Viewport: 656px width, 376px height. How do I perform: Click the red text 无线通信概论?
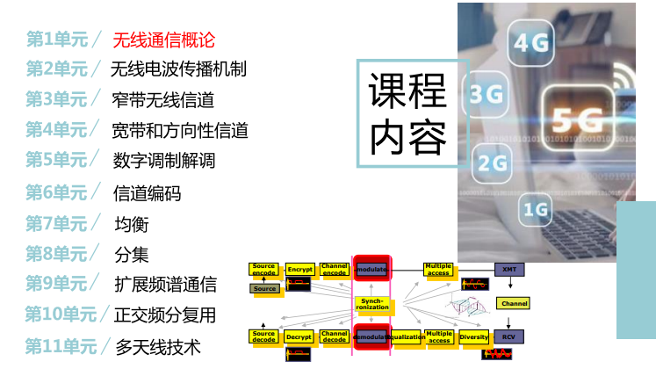click(163, 40)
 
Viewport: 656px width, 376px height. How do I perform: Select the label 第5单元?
click(56, 160)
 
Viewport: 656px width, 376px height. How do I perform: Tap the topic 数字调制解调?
click(164, 161)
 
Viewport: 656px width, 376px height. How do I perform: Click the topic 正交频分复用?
click(165, 315)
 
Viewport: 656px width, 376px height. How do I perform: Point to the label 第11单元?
click(61, 346)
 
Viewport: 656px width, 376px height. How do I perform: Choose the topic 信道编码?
click(147, 192)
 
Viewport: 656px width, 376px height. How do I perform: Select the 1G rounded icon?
click(535, 209)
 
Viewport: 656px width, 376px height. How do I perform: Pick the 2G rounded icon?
click(494, 163)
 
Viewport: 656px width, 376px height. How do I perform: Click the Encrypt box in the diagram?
click(300, 269)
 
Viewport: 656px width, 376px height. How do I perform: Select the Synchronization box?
click(371, 304)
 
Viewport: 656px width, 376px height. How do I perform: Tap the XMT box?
click(508, 269)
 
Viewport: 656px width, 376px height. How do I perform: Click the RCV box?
click(508, 336)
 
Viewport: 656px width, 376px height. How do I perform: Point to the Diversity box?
click(474, 336)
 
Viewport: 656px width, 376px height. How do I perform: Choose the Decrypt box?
click(299, 336)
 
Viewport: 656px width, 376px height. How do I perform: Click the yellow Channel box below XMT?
click(514, 303)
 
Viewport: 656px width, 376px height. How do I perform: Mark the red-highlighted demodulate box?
click(371, 336)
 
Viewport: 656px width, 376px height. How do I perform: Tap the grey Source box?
click(264, 288)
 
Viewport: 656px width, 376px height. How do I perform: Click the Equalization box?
click(407, 336)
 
